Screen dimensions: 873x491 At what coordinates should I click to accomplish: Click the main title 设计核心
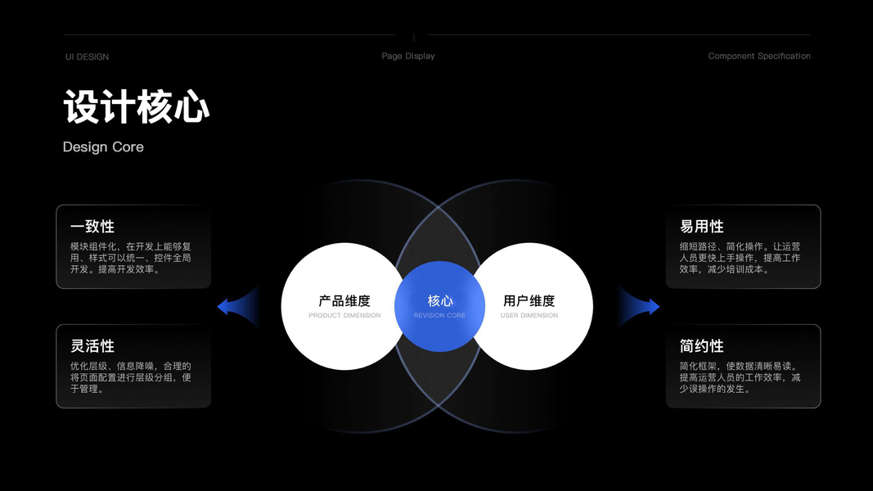point(136,107)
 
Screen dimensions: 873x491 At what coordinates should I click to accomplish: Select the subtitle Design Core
point(103,147)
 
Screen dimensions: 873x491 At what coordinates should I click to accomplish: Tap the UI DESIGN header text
point(87,56)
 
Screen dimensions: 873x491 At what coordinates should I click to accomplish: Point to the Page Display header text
point(408,56)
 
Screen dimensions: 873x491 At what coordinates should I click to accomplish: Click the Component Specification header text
point(759,56)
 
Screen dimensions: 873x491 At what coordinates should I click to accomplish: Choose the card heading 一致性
point(92,227)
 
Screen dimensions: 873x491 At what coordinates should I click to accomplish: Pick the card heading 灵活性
point(92,346)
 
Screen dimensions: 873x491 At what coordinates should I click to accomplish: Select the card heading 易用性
point(702,227)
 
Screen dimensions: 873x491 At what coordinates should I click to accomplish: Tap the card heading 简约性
point(702,346)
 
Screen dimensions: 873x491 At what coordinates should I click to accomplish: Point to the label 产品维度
point(344,301)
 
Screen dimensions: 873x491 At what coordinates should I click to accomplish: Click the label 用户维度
point(529,301)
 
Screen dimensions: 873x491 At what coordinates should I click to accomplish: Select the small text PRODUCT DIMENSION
point(344,316)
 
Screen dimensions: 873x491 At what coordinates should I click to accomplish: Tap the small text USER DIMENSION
point(529,316)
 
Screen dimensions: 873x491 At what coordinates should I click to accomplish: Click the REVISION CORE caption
point(439,316)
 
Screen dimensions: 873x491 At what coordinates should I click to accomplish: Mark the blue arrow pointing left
point(228,307)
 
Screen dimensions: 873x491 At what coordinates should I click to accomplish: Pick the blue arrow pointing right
point(647,307)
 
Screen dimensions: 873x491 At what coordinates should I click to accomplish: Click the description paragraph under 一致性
point(131,258)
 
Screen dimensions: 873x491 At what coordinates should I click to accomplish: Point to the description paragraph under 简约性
point(740,377)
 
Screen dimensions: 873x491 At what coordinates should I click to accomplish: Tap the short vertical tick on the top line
point(414,37)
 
